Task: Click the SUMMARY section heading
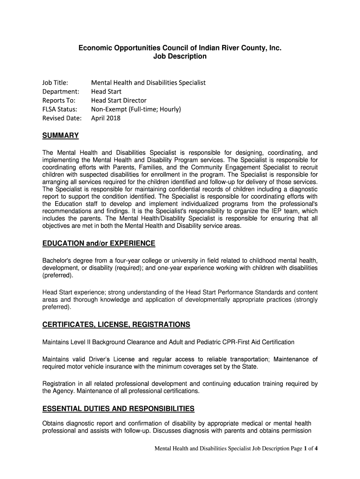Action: point(60,136)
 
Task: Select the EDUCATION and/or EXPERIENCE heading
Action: point(99,244)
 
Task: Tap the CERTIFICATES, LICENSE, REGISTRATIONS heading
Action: point(116,325)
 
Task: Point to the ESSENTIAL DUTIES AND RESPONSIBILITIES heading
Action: point(118,409)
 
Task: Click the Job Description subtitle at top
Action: point(180,57)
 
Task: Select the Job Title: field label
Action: point(56,83)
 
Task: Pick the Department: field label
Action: point(61,92)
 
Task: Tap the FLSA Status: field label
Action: point(60,109)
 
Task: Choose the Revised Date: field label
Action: point(62,118)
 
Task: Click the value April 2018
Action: point(106,118)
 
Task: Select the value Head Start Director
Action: point(119,101)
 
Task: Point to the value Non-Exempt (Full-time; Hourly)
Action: point(136,109)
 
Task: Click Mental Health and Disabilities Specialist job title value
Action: point(148,83)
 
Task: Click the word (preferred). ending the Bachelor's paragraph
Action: point(58,276)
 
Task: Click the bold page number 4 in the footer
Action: point(317,449)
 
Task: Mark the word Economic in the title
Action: point(94,48)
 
